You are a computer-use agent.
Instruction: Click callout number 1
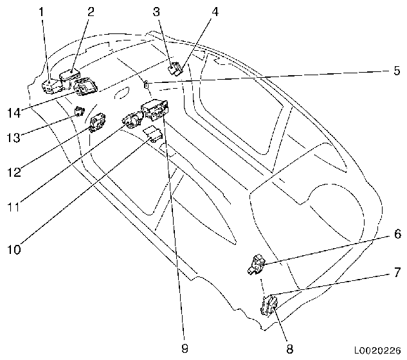click(x=43, y=11)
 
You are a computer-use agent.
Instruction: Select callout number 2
click(x=90, y=11)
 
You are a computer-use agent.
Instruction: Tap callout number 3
click(x=156, y=11)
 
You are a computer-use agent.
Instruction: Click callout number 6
click(x=397, y=235)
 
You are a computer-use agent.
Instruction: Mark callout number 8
click(x=289, y=349)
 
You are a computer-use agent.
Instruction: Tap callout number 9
click(x=185, y=349)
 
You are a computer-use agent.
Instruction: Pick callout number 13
click(x=13, y=137)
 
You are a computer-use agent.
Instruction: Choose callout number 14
click(x=13, y=113)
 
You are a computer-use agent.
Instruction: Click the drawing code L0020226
click(x=378, y=350)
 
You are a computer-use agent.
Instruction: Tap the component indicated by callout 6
click(x=256, y=264)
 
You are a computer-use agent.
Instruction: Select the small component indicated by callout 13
click(x=79, y=110)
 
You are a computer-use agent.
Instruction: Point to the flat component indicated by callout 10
click(x=152, y=133)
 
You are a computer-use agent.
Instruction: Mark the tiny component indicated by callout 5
click(x=147, y=82)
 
